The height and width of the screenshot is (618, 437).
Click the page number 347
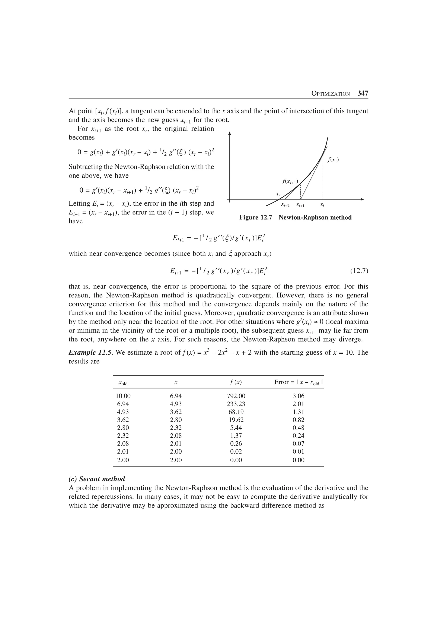[x=362, y=93]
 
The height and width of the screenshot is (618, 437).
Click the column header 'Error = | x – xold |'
[x=298, y=382]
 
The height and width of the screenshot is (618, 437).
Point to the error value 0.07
[x=298, y=443]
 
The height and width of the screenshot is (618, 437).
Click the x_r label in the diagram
[x=278, y=194]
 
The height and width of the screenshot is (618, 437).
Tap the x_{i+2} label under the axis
[x=285, y=205]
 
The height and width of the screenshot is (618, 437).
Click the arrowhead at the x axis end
[x=362, y=199]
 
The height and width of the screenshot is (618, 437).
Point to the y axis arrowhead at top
[x=229, y=133]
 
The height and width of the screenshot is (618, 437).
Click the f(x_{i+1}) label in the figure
[x=290, y=181]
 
